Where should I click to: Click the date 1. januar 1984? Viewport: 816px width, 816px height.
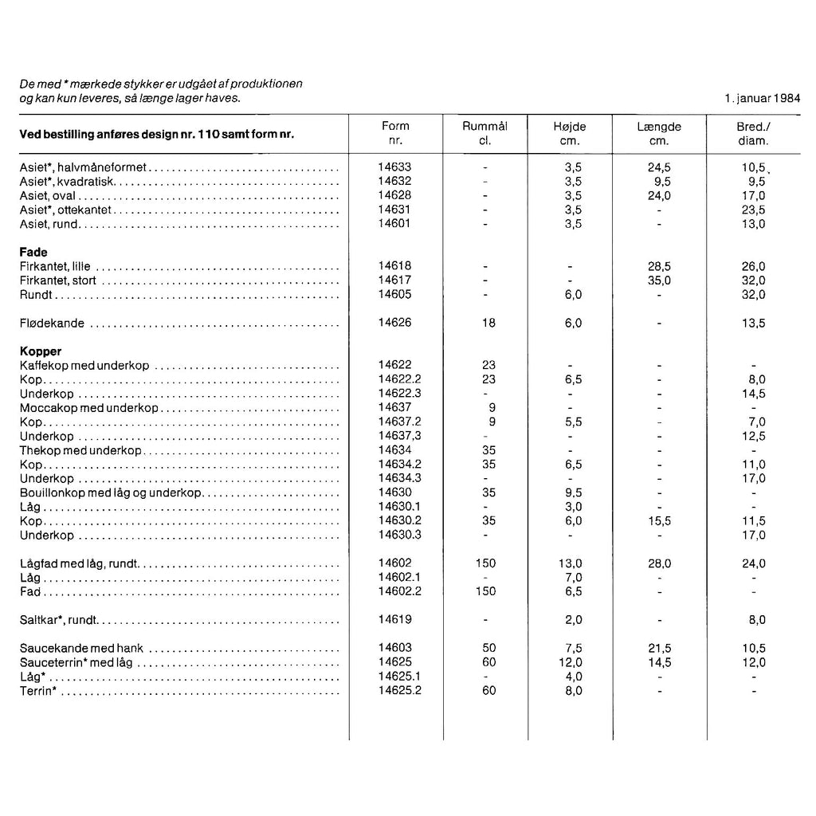[763, 99]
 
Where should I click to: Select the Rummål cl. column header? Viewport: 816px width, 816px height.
[484, 133]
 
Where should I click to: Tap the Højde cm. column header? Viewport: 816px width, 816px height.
[569, 133]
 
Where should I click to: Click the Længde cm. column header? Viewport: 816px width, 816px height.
[659, 133]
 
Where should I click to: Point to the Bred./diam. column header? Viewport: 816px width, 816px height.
[753, 133]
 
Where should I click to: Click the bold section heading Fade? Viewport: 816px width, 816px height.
[33, 253]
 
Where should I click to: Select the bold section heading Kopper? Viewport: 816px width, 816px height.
[40, 351]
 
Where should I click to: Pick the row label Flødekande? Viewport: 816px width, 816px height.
[53, 324]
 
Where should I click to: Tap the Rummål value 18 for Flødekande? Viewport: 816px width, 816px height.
[488, 324]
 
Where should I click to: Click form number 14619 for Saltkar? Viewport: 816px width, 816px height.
[395, 620]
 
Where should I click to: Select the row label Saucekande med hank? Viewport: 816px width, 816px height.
[81, 649]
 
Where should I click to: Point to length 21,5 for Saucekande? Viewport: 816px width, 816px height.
[660, 649]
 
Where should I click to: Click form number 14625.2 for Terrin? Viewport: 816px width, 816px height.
[399, 690]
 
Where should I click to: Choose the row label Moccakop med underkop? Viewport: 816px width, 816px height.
[88, 408]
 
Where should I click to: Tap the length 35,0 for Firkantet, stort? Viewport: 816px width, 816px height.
[660, 280]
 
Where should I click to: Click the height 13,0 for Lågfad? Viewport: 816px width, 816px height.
[570, 563]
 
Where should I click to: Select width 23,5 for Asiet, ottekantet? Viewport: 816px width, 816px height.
[753, 210]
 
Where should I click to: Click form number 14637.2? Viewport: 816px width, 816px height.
[399, 422]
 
